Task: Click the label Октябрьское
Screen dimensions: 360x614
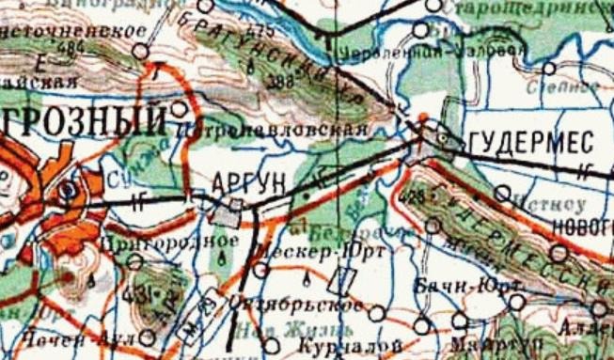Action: [296, 306]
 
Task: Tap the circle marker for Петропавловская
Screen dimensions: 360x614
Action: [180, 109]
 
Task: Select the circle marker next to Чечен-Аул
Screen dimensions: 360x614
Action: [149, 336]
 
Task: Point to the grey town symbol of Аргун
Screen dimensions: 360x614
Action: [228, 213]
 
